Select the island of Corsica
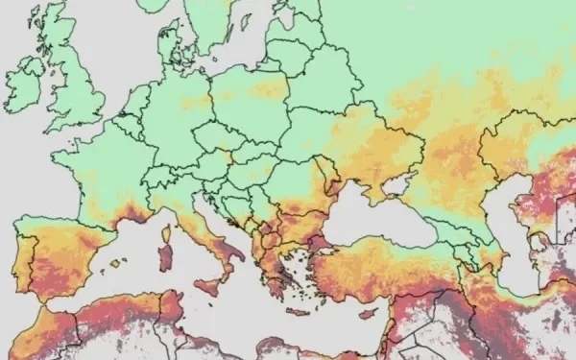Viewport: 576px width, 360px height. (169, 228)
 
